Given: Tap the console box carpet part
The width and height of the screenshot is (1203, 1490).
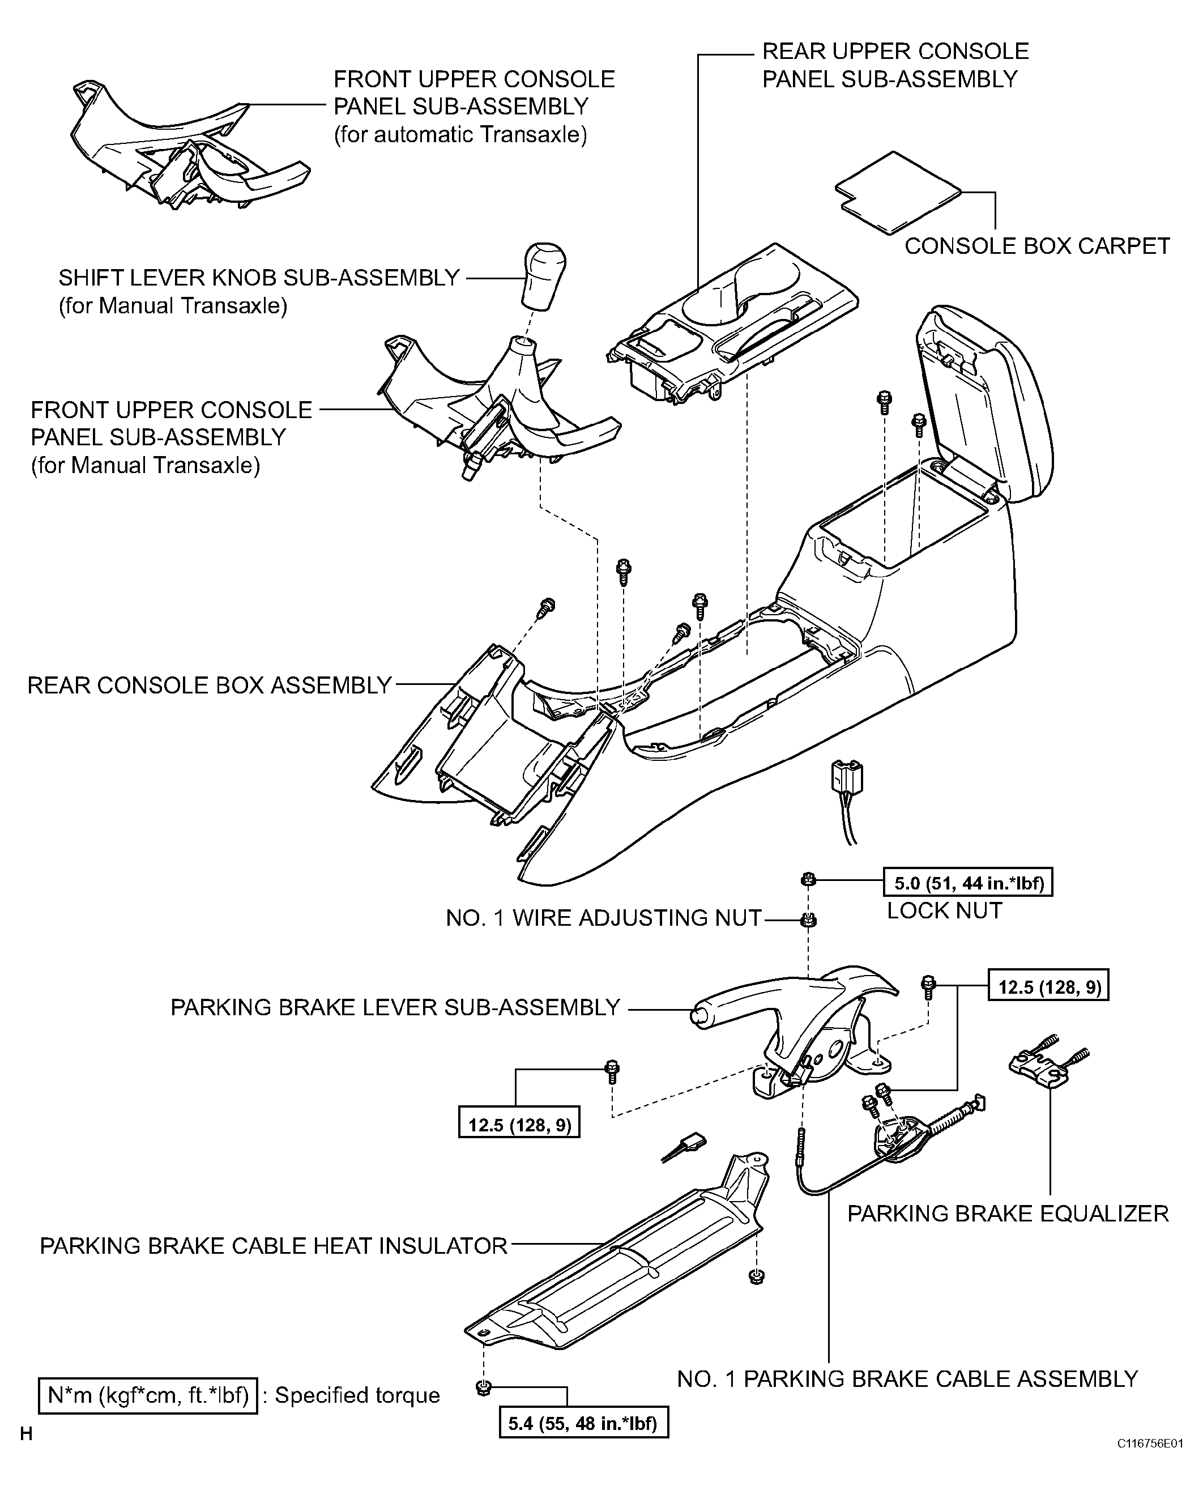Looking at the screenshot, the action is (898, 192).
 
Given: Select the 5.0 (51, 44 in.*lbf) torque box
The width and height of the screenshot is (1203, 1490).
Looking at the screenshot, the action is (968, 882).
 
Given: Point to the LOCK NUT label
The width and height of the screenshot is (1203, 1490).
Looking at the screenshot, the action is (945, 910).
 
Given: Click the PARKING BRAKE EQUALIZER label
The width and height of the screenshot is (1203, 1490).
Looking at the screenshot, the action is (1008, 1213).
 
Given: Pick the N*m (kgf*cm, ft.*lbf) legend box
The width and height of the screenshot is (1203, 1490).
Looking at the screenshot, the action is (148, 1394).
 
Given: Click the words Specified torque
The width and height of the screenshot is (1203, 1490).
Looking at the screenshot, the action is (357, 1395).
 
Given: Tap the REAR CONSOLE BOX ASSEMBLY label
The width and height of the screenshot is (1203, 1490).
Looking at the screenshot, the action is (209, 685).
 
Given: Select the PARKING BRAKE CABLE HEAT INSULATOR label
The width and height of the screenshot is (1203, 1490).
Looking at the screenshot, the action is (274, 1245).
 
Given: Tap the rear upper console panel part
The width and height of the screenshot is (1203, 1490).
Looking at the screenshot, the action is (732, 322).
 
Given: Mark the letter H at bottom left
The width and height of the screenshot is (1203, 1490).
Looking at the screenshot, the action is (26, 1434).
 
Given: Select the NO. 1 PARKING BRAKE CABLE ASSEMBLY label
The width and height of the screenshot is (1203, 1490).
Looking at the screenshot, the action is (907, 1378).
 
